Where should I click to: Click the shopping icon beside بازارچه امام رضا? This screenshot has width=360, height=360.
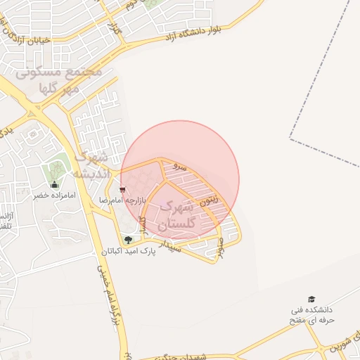pyautogui.click(x=123, y=190)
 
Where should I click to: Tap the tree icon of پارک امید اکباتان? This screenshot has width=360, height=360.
pyautogui.click(x=127, y=240)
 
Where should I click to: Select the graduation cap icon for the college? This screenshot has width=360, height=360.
pyautogui.click(x=311, y=300)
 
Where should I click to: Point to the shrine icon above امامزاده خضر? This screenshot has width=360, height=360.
pyautogui.click(x=55, y=185)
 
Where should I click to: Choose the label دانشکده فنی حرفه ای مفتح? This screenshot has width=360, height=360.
pyautogui.click(x=311, y=315)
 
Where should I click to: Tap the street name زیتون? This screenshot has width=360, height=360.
pyautogui.click(x=210, y=200)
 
